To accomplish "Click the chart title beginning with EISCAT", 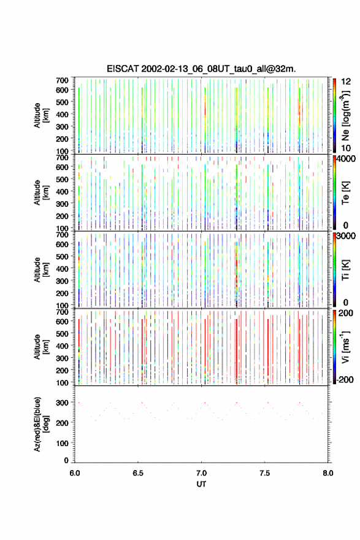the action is [201, 69].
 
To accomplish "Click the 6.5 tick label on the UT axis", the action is [138, 473].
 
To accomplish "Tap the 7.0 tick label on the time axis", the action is [201, 473].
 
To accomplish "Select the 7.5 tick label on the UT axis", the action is [265, 473].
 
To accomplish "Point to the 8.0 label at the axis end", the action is [328, 473].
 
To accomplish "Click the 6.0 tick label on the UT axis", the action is [75, 473].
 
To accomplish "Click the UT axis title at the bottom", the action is [201, 484].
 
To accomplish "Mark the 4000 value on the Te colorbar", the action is [346, 159].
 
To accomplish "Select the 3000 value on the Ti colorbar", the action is [346, 236].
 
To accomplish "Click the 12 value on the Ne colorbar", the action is [347, 82].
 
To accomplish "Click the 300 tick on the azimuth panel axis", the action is [63, 403].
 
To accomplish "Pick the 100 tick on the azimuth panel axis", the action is [63, 443].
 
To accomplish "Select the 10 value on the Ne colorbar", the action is [347, 148].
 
